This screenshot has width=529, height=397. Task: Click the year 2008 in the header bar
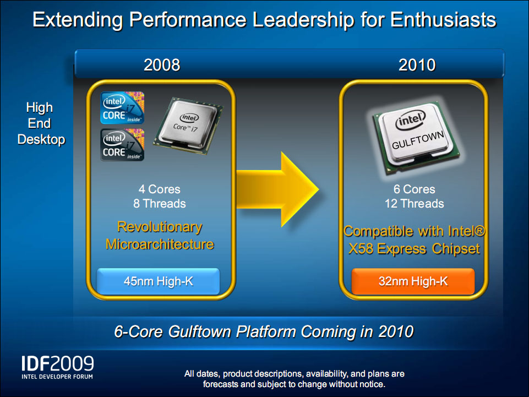[x=162, y=65]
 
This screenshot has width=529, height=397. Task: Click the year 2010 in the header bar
[x=417, y=65]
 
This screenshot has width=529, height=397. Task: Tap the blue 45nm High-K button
[x=158, y=281]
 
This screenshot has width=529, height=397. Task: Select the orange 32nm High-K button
[x=413, y=281]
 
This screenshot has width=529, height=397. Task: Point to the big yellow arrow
[x=277, y=189]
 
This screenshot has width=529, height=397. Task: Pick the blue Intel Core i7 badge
[x=122, y=108]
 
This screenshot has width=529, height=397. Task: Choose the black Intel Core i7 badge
[x=122, y=144]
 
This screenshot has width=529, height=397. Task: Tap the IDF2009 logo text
[x=58, y=363]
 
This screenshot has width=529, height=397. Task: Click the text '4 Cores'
[x=159, y=189]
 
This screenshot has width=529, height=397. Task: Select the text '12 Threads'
[x=415, y=204]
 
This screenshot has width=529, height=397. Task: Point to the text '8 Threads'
[x=159, y=204]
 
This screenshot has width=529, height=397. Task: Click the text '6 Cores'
[x=415, y=189]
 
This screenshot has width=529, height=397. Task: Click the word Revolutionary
[x=160, y=227]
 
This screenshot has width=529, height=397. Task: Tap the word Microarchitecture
[x=160, y=244]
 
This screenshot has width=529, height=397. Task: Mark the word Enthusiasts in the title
[x=443, y=20]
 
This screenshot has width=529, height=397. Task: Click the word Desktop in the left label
[x=41, y=139]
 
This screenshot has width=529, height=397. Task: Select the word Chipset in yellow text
[x=456, y=249]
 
